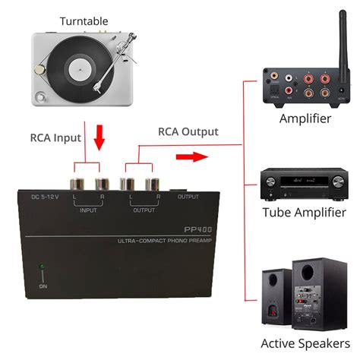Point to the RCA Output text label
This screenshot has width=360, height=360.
(188, 131)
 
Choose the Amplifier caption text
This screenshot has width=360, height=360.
(305, 119)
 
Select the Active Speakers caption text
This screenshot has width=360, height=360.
(305, 343)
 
